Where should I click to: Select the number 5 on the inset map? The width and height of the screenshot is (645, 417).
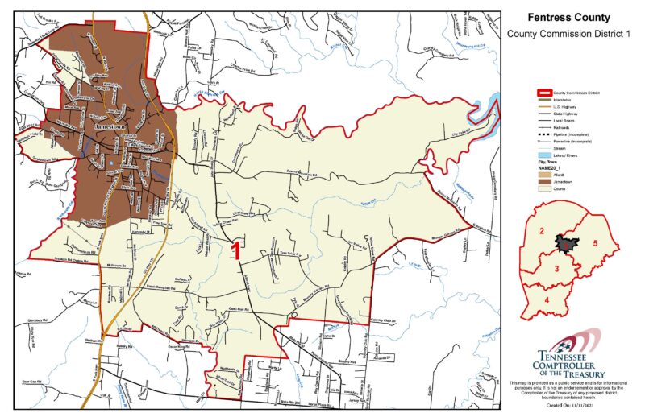594,242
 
